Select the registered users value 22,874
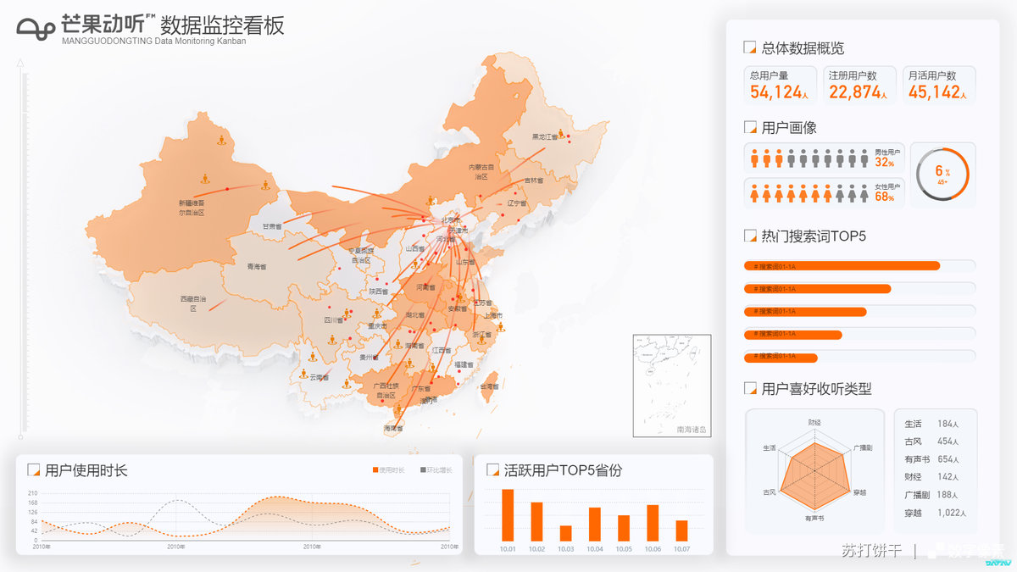pos(854,92)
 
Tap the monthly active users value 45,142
pos(934,92)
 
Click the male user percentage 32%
pos(884,163)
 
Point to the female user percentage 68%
pos(884,197)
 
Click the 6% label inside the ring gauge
pos(942,172)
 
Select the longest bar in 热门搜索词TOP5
pos(842,266)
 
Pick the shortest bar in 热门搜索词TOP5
pos(781,358)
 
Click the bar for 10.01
pos(508,515)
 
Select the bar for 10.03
pos(565,533)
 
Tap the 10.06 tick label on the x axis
pos(653,549)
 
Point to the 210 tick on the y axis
pos(32,493)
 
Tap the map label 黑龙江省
pos(545,136)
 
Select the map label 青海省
pos(256,267)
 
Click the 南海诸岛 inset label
pos(692,430)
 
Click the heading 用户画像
pos(788,128)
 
